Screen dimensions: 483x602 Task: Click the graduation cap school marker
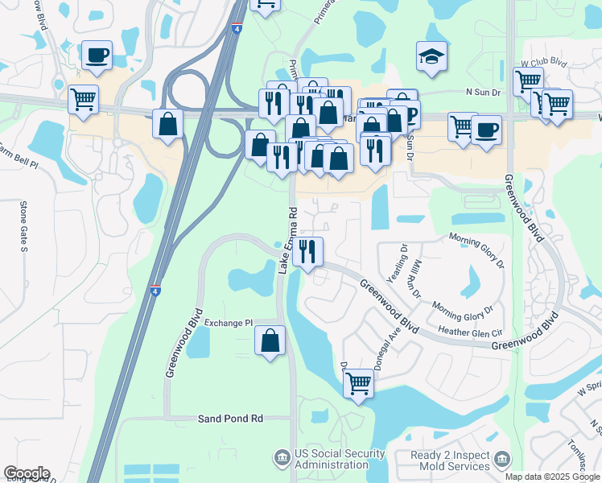pos(432,57)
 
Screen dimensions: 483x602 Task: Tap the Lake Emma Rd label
pos(288,241)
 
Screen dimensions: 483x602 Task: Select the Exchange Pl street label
pos(229,323)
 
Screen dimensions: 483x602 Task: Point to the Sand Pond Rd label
pos(231,419)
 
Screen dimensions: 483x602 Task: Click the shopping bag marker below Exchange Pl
pos(270,341)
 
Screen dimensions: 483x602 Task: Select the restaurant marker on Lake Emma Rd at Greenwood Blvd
pos(307,252)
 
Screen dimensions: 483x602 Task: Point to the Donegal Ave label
pos(391,342)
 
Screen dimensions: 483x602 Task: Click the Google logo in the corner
pos(27,473)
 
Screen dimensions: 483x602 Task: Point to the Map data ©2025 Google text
pos(553,477)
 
